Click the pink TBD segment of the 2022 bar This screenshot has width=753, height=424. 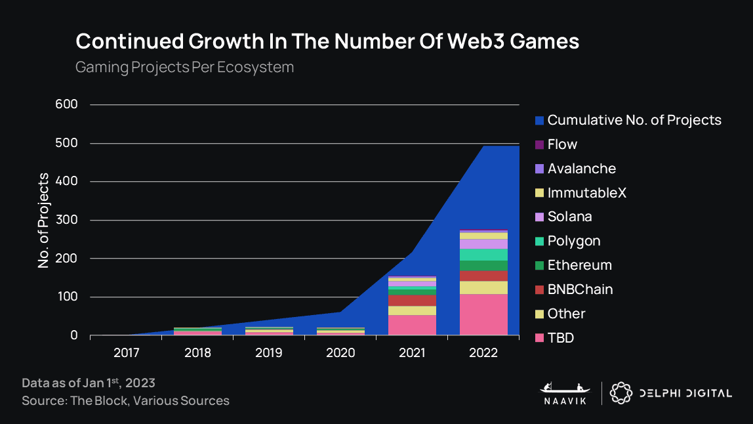pos(483,315)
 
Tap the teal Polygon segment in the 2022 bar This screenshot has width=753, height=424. pos(483,255)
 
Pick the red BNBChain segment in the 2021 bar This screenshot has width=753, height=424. pos(412,301)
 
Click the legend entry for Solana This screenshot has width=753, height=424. pos(569,217)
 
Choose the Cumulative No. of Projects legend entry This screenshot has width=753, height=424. pos(634,120)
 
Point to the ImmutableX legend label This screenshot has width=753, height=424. pos(586,193)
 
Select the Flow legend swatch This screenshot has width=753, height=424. pos(540,145)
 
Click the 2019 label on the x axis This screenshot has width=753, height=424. pos(269,353)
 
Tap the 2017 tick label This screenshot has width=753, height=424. pos(126,353)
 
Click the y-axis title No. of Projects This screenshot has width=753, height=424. pos(44,221)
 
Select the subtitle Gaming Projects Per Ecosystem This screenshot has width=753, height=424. pos(184,68)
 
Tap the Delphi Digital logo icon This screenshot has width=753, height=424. pos(621,392)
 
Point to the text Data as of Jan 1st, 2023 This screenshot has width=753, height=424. pos(89,383)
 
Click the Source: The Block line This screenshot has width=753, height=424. pos(125,400)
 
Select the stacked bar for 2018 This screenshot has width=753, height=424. pos(197,331)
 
